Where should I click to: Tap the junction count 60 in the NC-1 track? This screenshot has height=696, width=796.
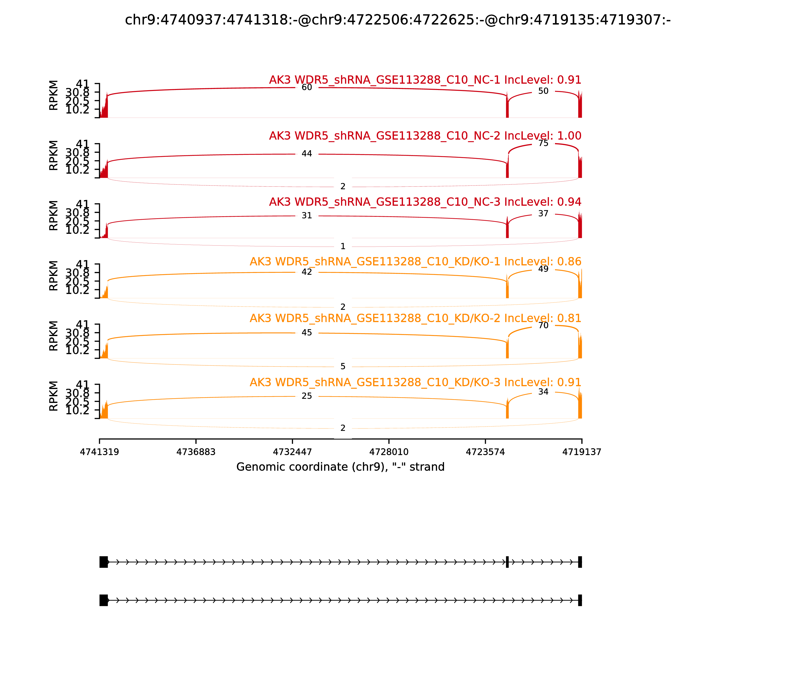pos(307,87)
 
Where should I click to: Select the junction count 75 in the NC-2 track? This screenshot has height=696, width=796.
pos(543,143)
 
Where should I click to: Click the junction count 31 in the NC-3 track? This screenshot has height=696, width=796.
pos(307,216)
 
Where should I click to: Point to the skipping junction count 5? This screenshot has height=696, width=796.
pos(343,366)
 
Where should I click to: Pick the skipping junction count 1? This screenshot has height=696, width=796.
pos(343,246)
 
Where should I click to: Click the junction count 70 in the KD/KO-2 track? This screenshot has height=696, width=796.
pos(543,325)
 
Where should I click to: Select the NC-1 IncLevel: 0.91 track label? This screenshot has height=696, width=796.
pos(425,80)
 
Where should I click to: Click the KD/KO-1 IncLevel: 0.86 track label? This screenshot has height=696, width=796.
pos(415,262)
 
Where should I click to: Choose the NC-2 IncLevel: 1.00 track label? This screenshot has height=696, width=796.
pos(425,136)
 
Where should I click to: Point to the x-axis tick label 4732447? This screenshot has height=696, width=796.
pos(292,452)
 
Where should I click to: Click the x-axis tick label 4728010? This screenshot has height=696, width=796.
pos(389,452)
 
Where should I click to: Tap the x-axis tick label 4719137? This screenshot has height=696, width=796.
pos(582,452)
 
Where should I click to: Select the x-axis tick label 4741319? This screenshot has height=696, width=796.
pos(99,452)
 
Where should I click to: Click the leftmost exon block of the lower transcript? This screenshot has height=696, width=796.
pos(103,600)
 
